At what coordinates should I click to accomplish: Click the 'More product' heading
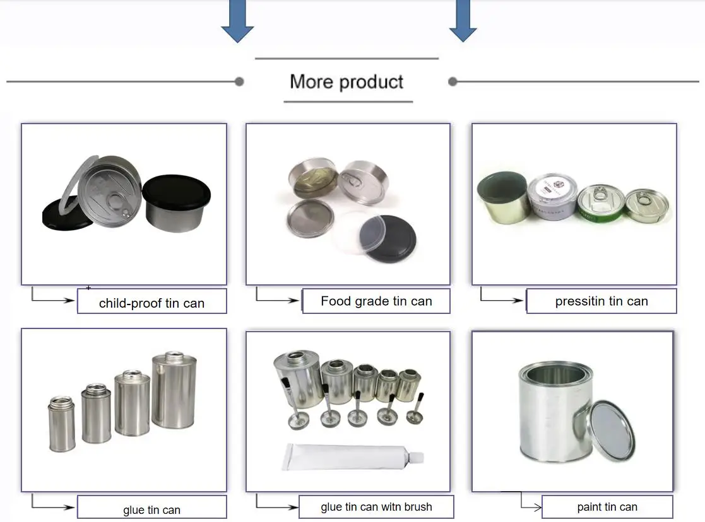pyautogui.click(x=347, y=82)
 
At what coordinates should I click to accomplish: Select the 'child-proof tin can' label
pyautogui.click(x=151, y=303)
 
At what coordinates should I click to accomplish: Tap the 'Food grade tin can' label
pyautogui.click(x=376, y=301)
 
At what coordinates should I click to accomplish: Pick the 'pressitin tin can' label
pyautogui.click(x=601, y=301)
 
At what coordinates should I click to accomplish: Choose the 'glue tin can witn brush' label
pyautogui.click(x=376, y=507)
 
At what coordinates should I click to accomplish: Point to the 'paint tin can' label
pyautogui.click(x=607, y=507)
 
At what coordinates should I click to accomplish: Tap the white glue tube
pyautogui.click(x=350, y=455)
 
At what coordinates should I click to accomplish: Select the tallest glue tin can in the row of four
pyautogui.click(x=174, y=391)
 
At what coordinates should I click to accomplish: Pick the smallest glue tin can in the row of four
pyautogui.click(x=61, y=424)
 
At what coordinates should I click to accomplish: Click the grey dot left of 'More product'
pyautogui.click(x=239, y=81)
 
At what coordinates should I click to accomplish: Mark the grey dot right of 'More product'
pyautogui.click(x=453, y=81)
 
